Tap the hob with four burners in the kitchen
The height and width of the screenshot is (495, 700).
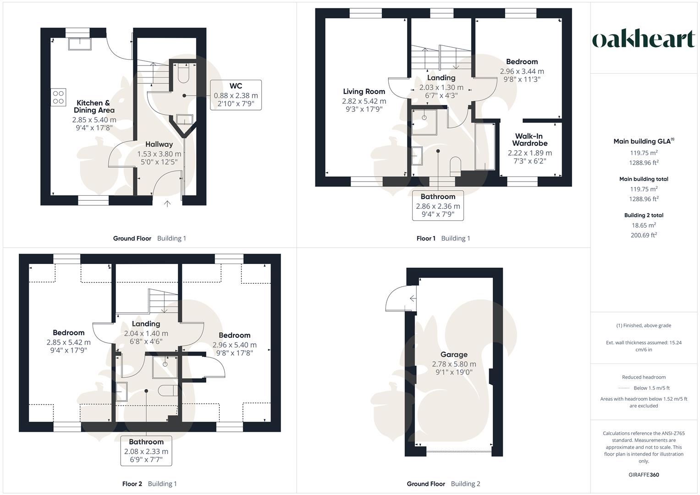pos(58,97)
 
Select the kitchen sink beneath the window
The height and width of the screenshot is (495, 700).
pos(80,44)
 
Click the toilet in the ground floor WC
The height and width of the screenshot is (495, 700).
pos(183,74)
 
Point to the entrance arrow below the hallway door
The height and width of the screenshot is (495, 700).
pos(167,204)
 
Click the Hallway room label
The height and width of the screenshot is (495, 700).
pos(159,144)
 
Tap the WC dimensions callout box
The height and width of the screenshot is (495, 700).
pos(236,95)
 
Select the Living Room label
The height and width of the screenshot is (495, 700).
pos(364,91)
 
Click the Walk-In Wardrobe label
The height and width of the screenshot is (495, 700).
pos(529,140)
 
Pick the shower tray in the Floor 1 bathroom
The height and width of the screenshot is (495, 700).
pos(424,122)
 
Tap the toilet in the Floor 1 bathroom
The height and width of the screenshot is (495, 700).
pos(455,166)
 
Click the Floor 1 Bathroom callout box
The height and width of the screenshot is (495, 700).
pos(438,205)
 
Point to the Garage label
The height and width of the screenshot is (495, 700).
pos(454,354)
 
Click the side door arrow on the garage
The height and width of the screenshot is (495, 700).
pos(413,298)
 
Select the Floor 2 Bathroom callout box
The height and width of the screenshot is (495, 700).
pos(146,451)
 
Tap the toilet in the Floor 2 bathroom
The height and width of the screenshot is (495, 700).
pos(168,390)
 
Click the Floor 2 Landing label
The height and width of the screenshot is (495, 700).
pos(146,324)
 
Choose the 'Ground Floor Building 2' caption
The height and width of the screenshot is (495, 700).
pos(443,484)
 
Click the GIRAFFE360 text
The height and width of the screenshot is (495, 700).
pos(644,475)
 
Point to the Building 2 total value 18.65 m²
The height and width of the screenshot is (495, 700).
pos(644,225)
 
